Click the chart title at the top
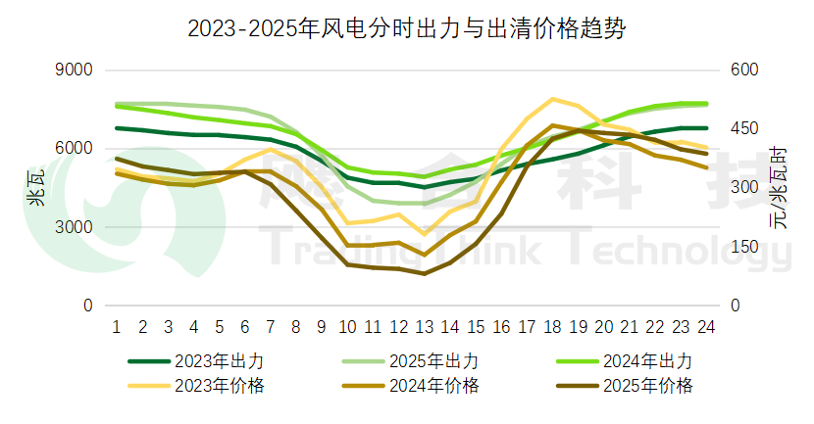click(x=406, y=28)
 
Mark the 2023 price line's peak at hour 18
click(x=553, y=99)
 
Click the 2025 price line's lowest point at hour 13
click(x=424, y=274)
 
